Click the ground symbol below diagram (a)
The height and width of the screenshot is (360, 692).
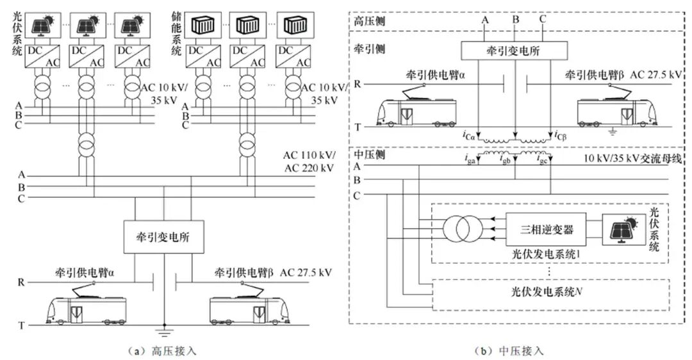pos(165,332)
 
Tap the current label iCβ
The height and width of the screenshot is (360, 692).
pos(559,135)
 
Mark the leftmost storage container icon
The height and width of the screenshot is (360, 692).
pos(201,26)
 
